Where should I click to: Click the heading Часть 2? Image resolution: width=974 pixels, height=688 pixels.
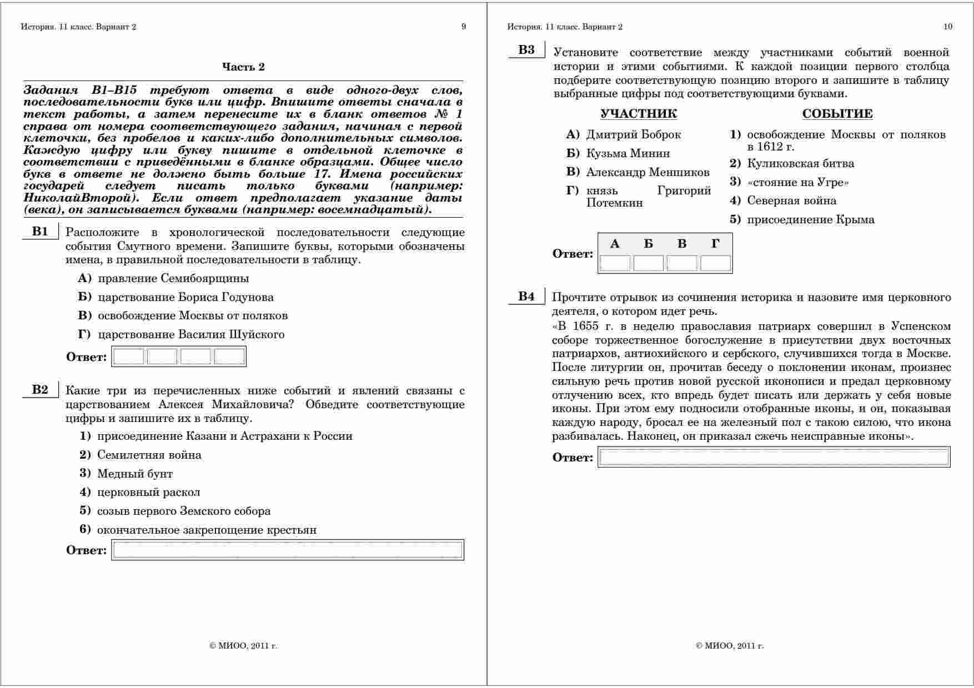(x=243, y=67)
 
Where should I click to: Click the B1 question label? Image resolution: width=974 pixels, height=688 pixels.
(x=40, y=232)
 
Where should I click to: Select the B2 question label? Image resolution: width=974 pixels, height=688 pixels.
(x=40, y=390)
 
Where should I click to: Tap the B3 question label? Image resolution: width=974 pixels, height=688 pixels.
(x=526, y=50)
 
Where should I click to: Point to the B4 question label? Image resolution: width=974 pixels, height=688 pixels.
(x=526, y=297)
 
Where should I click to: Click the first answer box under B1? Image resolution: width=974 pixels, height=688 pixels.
(x=129, y=356)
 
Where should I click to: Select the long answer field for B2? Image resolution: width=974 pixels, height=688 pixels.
(x=288, y=550)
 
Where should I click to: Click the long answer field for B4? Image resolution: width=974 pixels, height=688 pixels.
(x=774, y=457)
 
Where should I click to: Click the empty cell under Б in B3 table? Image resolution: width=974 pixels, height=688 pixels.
(x=648, y=263)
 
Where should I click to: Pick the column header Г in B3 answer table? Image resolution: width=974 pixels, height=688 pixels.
(x=715, y=244)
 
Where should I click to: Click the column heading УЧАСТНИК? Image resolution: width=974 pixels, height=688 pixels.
(x=639, y=114)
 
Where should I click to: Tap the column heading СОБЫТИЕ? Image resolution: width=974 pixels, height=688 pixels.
(x=837, y=114)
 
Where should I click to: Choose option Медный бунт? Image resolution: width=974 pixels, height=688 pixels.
(x=135, y=474)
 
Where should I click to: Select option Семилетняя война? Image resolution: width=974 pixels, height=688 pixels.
(x=149, y=455)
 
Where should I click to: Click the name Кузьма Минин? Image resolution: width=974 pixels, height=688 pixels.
(x=628, y=153)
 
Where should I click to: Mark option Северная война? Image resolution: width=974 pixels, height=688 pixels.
(x=791, y=200)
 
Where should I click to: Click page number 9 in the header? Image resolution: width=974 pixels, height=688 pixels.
(x=464, y=26)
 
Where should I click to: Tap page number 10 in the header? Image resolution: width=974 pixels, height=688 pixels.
(x=947, y=26)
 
